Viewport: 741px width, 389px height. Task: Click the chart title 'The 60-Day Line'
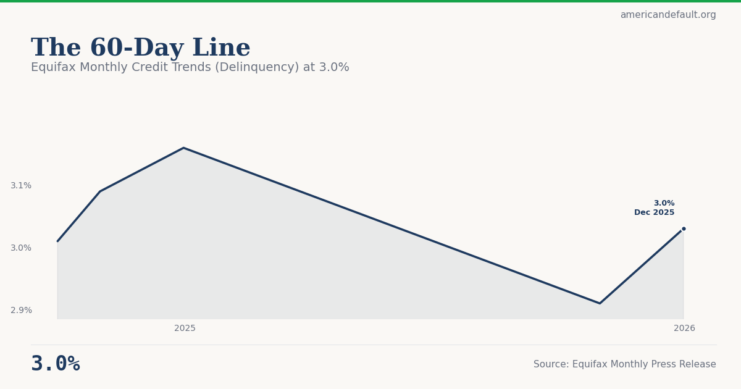point(141,48)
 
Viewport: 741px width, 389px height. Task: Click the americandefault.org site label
point(668,15)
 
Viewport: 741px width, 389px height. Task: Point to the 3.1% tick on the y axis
point(21,185)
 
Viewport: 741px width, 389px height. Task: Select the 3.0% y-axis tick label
point(21,248)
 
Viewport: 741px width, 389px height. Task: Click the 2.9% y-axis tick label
point(21,310)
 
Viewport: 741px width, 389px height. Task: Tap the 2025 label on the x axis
point(185,328)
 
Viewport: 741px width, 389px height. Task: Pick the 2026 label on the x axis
point(684,328)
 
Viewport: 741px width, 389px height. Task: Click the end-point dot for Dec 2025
point(684,228)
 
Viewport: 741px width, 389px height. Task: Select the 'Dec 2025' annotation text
point(654,212)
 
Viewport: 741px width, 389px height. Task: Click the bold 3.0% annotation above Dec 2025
point(664,203)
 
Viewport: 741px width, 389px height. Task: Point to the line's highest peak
point(183,148)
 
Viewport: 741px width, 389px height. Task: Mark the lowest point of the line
point(600,303)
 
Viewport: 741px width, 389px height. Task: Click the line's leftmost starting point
point(58,241)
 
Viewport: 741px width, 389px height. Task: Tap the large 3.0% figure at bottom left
point(56,364)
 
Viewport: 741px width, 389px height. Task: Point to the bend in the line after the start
point(100,191)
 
